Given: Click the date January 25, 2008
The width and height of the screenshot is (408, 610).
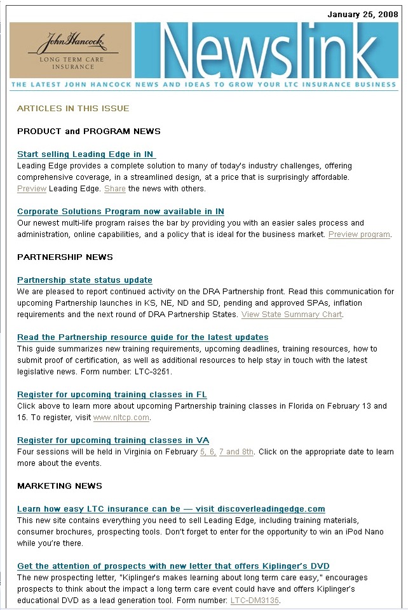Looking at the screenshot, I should pyautogui.click(x=362, y=14).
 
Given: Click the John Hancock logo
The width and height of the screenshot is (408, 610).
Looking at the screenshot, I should pyautogui.click(x=71, y=50).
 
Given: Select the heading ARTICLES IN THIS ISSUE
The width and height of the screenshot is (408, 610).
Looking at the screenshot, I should pyautogui.click(x=73, y=108).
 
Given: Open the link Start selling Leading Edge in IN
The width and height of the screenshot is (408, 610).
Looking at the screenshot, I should pyautogui.click(x=86, y=154).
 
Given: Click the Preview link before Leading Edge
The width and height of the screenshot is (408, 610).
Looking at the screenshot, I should pyautogui.click(x=32, y=189).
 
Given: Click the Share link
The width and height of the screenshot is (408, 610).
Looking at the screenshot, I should pyautogui.click(x=115, y=189).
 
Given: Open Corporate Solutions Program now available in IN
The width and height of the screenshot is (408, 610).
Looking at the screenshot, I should pyautogui.click(x=121, y=212).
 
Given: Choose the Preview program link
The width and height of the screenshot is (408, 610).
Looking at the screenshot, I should pyautogui.click(x=359, y=234).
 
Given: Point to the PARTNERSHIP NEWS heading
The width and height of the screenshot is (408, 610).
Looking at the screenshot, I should pyautogui.click(x=65, y=257).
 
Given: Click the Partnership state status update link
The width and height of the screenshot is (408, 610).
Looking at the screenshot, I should pyautogui.click(x=85, y=280).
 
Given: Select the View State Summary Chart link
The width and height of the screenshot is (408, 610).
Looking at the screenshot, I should pyautogui.click(x=292, y=315).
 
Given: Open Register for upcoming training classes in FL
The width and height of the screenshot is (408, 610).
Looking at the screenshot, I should pyautogui.click(x=112, y=395).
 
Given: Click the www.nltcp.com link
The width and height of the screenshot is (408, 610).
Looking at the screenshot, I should pyautogui.click(x=121, y=417).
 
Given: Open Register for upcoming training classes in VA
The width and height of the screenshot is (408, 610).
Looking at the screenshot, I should pyautogui.click(x=113, y=440).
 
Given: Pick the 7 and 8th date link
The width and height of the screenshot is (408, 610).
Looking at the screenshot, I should pyautogui.click(x=236, y=452).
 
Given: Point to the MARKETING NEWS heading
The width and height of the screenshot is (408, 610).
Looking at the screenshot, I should pyautogui.click(x=60, y=486).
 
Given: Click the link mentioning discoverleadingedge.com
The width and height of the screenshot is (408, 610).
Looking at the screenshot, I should pyautogui.click(x=171, y=509).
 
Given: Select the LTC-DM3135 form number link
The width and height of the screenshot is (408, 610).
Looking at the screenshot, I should pyautogui.click(x=254, y=600).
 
